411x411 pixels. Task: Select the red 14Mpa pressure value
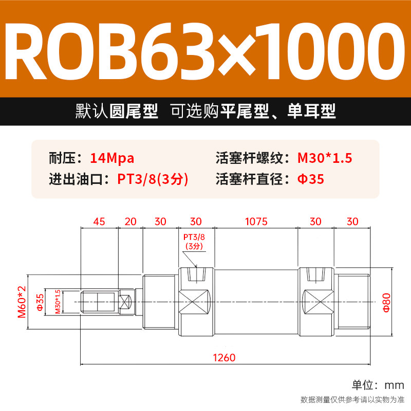click(x=111, y=158)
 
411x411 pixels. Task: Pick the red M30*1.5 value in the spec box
click(x=325, y=158)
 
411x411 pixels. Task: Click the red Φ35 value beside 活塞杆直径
click(x=311, y=179)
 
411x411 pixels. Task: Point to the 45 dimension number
click(x=99, y=221)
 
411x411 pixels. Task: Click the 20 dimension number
click(x=130, y=221)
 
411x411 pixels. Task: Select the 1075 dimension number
click(x=256, y=221)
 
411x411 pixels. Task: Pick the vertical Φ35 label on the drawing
click(x=40, y=302)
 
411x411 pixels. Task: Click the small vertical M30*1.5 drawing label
click(x=58, y=302)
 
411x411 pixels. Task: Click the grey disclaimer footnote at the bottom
click(x=352, y=400)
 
